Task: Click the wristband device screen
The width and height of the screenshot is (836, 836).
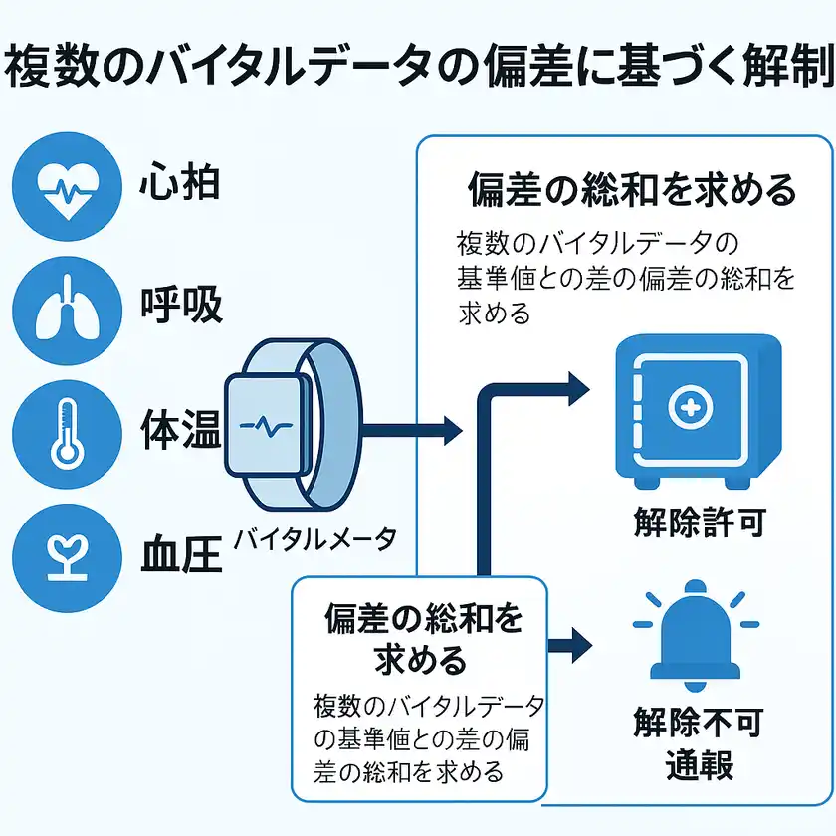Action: point(265,424)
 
